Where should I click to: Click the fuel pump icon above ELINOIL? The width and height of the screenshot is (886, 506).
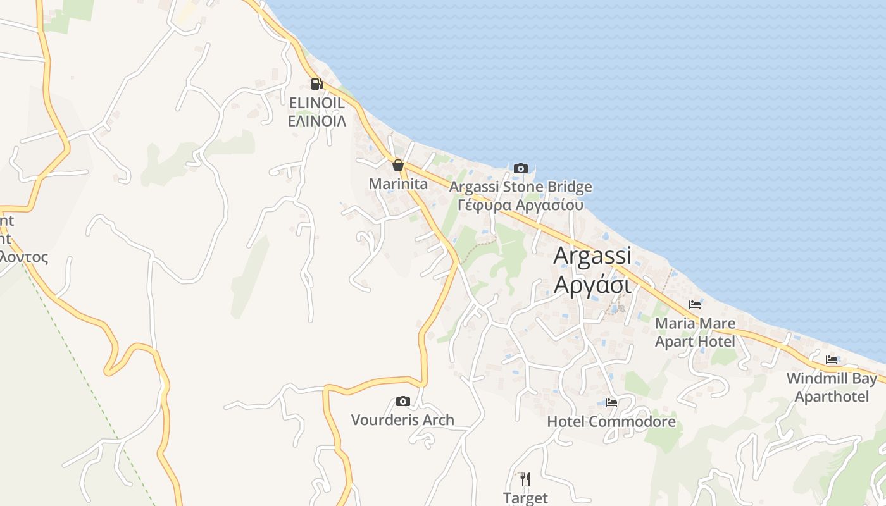coord(316,83)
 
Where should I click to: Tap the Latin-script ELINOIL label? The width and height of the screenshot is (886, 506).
coord(316,102)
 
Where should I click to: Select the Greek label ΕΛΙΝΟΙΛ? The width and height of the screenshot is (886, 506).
coord(316,121)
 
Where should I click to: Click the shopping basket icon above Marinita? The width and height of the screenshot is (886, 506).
coord(397,166)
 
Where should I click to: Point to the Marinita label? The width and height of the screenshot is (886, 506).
coord(398,184)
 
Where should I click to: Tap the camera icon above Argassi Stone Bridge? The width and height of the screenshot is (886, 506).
coord(520,168)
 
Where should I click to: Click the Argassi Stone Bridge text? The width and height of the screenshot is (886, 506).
coord(520,187)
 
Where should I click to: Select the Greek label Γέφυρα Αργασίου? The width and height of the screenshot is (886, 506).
coord(520,206)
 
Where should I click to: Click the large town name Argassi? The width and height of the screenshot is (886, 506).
coord(592,256)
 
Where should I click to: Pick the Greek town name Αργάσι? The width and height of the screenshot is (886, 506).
coord(592,285)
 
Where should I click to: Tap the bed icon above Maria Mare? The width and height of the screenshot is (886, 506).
coord(695,305)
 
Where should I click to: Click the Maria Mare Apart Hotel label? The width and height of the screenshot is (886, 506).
coord(695,333)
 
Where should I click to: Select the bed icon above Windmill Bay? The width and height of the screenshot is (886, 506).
coord(832,360)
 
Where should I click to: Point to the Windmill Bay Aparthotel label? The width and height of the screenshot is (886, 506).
coord(832,388)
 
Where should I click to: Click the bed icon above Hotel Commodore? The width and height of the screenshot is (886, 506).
coord(611,402)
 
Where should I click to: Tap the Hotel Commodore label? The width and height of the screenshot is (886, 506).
coord(611,421)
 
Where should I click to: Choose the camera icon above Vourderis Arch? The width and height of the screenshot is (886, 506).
coord(402,401)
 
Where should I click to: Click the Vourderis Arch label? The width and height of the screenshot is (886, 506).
coord(402,420)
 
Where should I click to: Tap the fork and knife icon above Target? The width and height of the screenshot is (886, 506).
coord(525,479)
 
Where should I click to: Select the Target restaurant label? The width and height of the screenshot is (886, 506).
coord(525,498)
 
